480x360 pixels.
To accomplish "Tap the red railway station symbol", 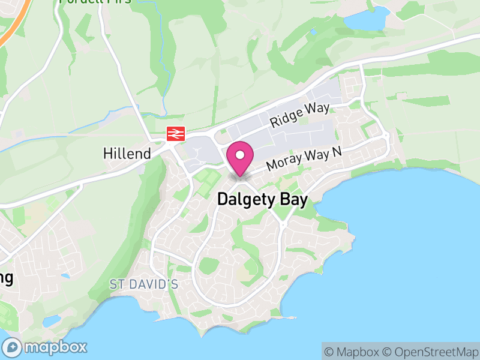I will click(x=175, y=134).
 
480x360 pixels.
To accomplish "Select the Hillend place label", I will click(x=127, y=154).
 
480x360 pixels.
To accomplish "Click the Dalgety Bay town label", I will click(x=262, y=200).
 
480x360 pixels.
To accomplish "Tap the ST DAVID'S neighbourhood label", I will click(x=144, y=283).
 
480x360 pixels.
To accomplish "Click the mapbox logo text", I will click(x=55, y=347).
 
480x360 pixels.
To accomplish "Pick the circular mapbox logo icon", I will click(x=13, y=347).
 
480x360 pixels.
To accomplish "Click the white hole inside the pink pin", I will click(x=240, y=154).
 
